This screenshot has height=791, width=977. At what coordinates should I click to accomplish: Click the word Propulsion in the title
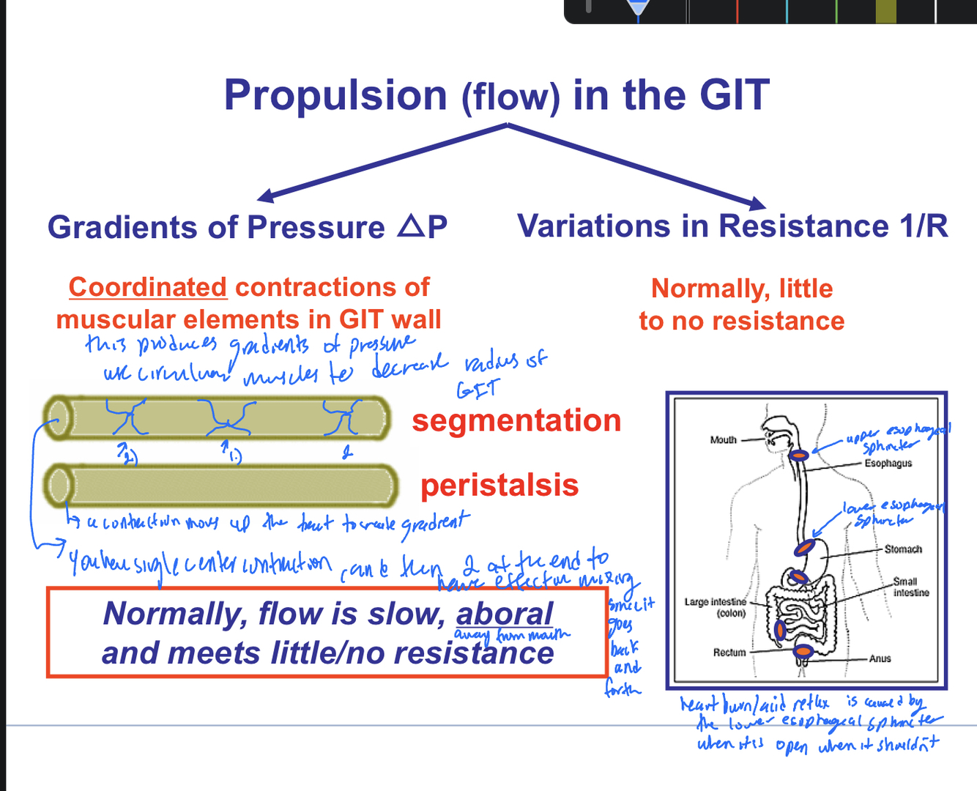pos(335,96)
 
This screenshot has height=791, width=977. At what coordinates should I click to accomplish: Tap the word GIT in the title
pos(735,96)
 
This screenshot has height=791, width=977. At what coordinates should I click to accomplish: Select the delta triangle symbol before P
pos(411,226)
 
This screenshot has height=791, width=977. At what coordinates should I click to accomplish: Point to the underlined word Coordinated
pos(148,287)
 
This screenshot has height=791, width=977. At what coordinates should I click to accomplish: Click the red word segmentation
pos(516,420)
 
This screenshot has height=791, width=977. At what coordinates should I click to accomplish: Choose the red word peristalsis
pos(499,485)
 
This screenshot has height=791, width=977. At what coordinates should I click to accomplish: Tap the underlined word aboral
pos(505,614)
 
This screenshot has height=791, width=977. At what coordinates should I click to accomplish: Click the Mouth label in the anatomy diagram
pos(723,440)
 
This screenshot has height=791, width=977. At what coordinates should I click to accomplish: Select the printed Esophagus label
pos(888,464)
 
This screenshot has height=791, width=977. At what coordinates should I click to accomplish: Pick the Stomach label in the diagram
pos(903,549)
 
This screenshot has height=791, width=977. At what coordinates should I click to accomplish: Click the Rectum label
pos(729,653)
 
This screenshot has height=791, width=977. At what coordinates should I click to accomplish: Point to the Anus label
pos(880,659)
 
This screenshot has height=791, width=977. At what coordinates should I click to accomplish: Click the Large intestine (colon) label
pos(716,607)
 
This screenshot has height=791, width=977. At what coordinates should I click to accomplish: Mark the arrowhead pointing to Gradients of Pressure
pos(264,196)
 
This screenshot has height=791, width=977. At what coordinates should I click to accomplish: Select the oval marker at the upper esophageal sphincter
pos(799,456)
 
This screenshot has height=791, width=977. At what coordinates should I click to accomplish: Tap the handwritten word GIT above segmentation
pos(478,390)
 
